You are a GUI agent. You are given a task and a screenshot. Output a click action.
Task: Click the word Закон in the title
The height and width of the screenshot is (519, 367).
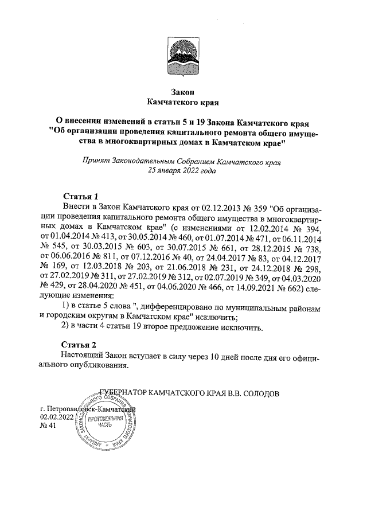[x=183, y=92]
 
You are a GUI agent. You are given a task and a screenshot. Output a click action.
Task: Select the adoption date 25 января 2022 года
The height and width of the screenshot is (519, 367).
[x=183, y=170]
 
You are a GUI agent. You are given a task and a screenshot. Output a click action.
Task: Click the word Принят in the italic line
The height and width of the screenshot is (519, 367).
[x=96, y=162]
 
